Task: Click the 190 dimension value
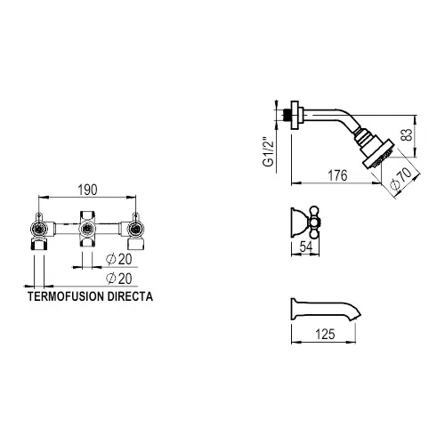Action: [x=87, y=190]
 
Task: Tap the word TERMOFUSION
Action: [x=66, y=296]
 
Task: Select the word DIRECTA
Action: [x=130, y=296]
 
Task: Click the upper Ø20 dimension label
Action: [x=119, y=259]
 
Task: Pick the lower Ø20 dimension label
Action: [x=119, y=279]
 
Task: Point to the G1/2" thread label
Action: [x=268, y=151]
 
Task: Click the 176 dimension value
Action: [x=337, y=175]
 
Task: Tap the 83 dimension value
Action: [x=409, y=134]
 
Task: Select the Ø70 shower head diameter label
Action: [x=400, y=179]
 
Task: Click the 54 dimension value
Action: [x=306, y=247]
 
